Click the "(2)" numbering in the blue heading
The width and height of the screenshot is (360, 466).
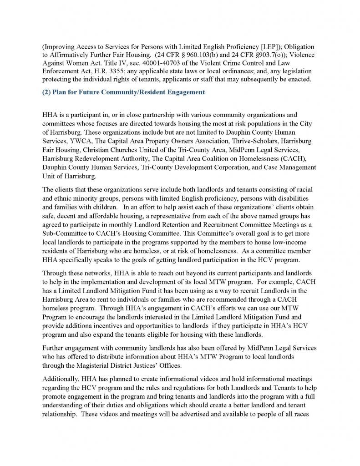[47, 92]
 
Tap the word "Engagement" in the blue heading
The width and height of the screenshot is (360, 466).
[185, 92]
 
